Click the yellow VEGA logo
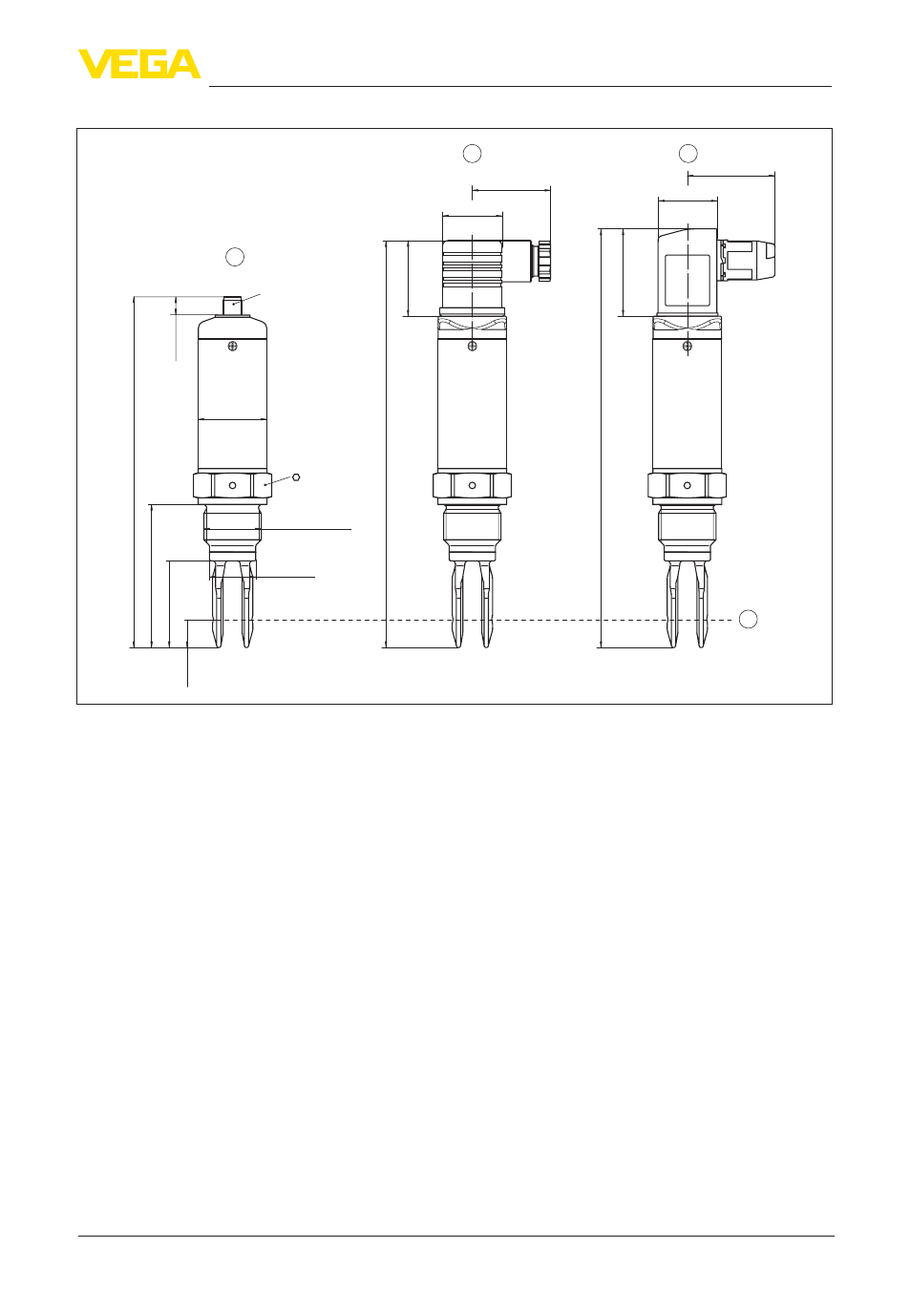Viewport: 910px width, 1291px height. [139, 63]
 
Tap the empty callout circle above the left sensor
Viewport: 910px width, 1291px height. [235, 257]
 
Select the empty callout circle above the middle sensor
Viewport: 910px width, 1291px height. [472, 154]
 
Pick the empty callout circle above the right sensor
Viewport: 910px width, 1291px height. [688, 154]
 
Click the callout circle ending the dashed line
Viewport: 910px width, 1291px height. [748, 619]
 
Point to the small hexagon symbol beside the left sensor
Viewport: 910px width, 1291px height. [296, 476]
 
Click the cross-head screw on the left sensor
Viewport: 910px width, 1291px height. [232, 346]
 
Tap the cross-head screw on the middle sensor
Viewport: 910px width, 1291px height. [472, 346]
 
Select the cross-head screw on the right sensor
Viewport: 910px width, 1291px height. [687, 346]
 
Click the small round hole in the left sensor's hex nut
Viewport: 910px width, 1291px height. [232, 485]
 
